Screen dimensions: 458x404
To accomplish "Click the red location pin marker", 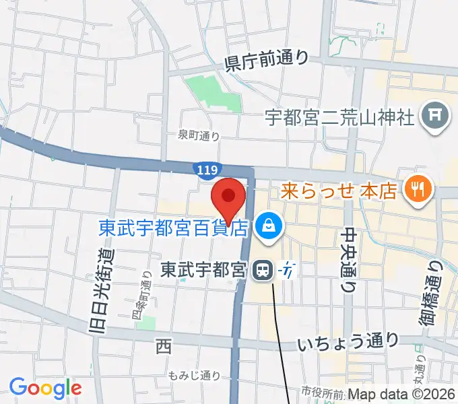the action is pyautogui.click(x=228, y=198).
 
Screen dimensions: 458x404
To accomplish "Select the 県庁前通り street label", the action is pyautogui.click(x=267, y=61).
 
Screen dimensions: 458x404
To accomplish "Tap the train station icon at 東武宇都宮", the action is pyautogui.click(x=261, y=271).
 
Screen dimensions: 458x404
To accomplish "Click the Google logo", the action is pyautogui.click(x=45, y=387).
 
